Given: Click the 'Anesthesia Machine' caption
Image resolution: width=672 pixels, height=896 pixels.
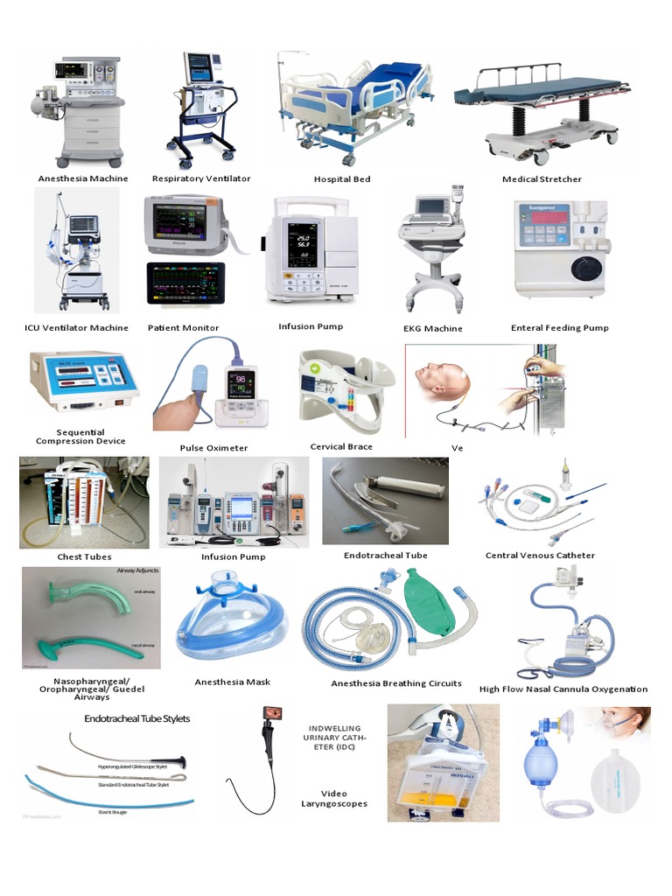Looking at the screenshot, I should click(83, 178).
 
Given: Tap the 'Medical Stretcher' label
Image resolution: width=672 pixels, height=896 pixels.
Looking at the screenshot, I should click(542, 179).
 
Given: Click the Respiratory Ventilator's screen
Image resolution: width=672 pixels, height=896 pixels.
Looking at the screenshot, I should click(200, 68).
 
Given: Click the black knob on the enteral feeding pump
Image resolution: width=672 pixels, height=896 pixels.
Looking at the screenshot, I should click(585, 267).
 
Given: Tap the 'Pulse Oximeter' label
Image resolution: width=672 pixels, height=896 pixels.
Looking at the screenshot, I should click(213, 448).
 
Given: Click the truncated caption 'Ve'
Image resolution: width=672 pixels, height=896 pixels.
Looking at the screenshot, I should click(457, 448).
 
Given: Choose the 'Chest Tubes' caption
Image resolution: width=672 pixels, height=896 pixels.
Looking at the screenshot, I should click(84, 556).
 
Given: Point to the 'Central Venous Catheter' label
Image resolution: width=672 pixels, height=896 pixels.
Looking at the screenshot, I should click(540, 556).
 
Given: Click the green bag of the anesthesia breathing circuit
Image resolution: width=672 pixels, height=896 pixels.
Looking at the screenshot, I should click(429, 603).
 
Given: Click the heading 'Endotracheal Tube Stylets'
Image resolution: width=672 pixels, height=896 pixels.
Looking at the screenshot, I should click(136, 718).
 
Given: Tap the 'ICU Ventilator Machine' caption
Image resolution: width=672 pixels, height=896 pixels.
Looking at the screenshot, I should click(77, 328).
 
